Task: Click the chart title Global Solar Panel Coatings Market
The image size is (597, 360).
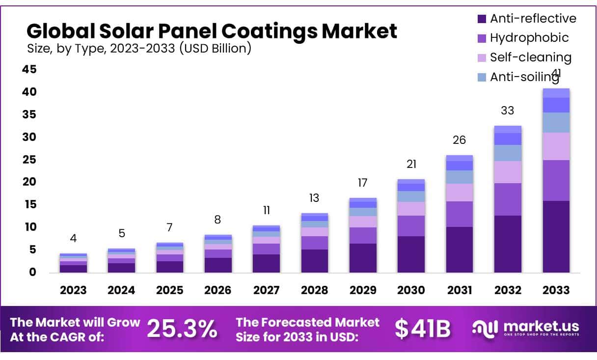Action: pyautogui.click(x=212, y=31)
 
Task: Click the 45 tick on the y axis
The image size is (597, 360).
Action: pyautogui.click(x=29, y=70)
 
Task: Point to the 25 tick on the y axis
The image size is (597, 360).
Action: pyautogui.click(x=29, y=160)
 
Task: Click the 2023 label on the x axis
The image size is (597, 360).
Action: pyautogui.click(x=73, y=290)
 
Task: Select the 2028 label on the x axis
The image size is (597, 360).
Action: pyautogui.click(x=314, y=290)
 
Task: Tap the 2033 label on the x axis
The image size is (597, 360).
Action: pyautogui.click(x=556, y=290)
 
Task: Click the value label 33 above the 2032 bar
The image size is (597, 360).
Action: pyautogui.click(x=507, y=111)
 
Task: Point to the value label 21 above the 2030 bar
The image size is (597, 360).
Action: pyautogui.click(x=411, y=164)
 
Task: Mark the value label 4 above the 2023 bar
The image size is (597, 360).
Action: pyautogui.click(x=73, y=238)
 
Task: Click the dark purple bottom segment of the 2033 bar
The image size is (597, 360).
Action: pyautogui.click(x=556, y=236)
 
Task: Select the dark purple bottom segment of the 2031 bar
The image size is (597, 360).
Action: pyautogui.click(x=459, y=249)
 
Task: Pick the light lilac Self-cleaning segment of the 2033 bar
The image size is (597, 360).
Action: pyautogui.click(x=556, y=146)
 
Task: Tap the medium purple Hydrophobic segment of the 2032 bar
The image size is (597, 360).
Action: pyautogui.click(x=507, y=199)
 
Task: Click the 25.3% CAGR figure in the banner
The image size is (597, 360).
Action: pyautogui.click(x=182, y=329)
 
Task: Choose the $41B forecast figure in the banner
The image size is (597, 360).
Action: pyautogui.click(x=423, y=329)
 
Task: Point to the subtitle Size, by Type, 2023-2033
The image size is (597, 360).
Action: pyautogui.click(x=139, y=48)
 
